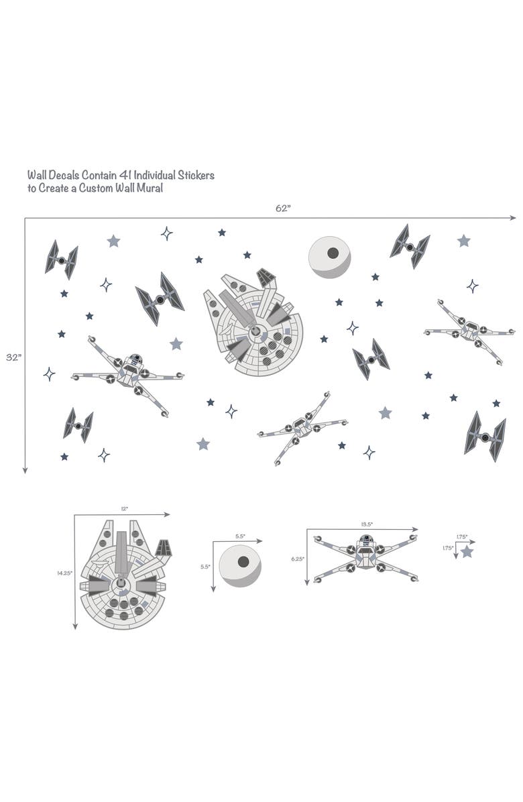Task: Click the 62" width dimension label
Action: [283, 209]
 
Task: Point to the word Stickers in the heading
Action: [195, 175]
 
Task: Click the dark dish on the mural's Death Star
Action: [333, 253]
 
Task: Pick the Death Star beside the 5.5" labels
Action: [240, 565]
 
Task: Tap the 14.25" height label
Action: [64, 573]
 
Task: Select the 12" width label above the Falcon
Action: [124, 509]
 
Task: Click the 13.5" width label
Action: [366, 524]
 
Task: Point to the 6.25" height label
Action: [298, 559]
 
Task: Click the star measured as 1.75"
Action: [467, 552]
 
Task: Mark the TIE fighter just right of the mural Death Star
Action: [410, 246]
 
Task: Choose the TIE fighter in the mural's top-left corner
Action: [61, 260]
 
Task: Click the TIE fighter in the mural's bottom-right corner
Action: [485, 436]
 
